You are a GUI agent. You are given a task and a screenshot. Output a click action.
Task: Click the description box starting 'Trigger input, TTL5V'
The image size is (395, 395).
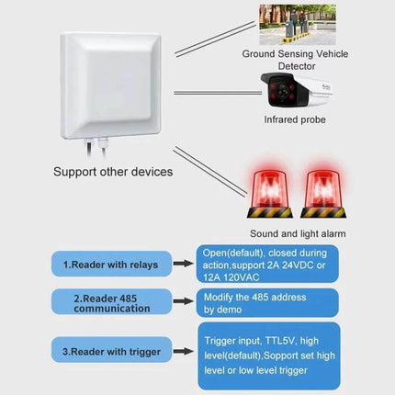[267, 355]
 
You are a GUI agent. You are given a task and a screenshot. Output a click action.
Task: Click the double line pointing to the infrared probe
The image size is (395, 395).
[215, 92]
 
